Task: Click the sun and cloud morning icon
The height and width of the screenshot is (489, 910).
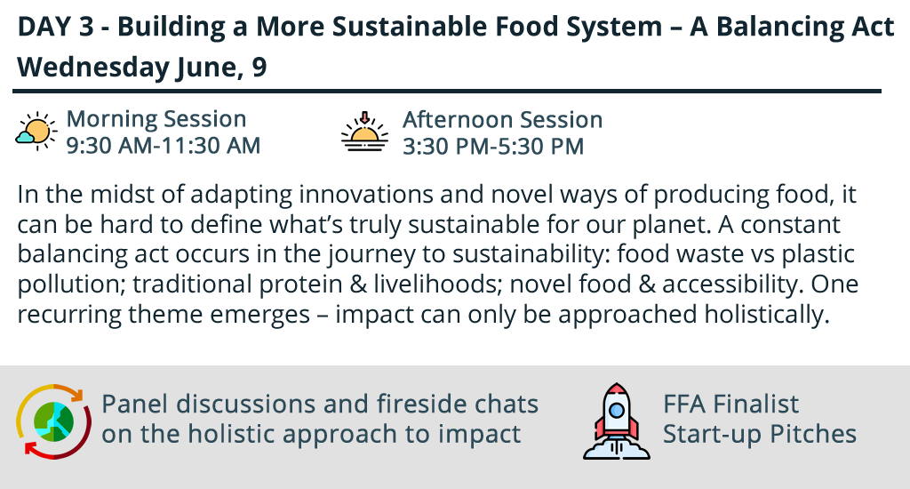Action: (x=36, y=132)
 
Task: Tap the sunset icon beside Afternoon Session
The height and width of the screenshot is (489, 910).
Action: (x=364, y=132)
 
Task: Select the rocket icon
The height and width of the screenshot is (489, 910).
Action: (x=617, y=421)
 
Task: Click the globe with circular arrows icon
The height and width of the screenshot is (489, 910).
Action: (x=53, y=421)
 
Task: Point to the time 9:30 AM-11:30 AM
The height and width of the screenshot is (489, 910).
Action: (x=164, y=146)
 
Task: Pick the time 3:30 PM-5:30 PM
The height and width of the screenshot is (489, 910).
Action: (x=493, y=147)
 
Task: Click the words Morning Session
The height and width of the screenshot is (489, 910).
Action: (x=156, y=119)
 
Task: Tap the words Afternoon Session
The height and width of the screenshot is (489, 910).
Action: (x=503, y=120)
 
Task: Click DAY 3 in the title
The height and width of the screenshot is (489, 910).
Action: (x=56, y=27)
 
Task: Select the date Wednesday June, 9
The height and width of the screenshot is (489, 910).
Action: (x=142, y=68)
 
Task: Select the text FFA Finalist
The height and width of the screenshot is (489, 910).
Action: (x=730, y=405)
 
